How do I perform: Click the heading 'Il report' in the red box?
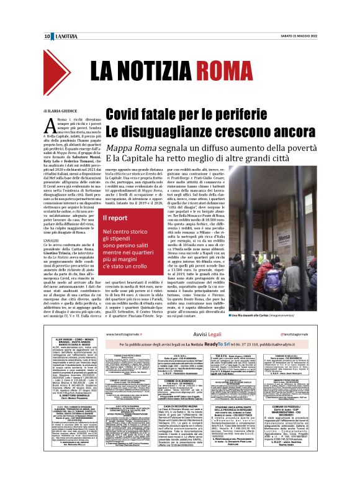point(115,218)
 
